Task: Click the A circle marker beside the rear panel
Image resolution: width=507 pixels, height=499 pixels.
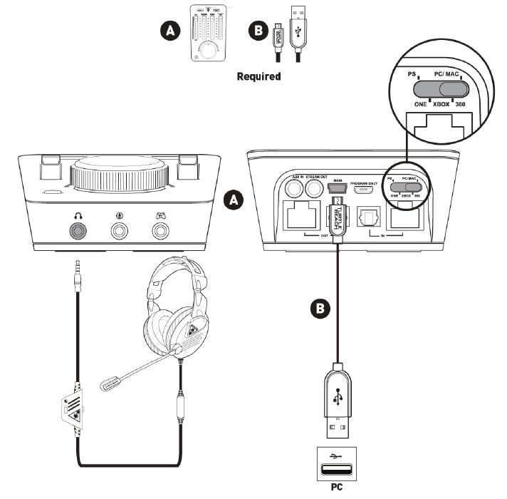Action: (231, 200)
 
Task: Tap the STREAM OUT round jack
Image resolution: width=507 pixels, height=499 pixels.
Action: (314, 188)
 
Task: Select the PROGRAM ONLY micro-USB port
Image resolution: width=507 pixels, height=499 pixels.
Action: (365, 191)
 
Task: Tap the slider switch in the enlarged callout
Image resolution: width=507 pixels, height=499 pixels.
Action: (441, 88)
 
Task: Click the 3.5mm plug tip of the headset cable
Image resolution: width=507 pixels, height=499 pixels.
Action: (75, 269)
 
